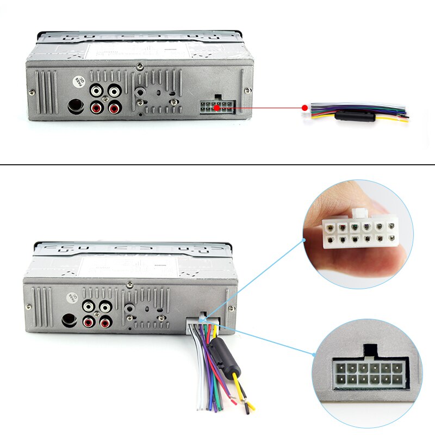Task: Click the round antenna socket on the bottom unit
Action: pos(69,320)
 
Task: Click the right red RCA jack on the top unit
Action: pos(114,108)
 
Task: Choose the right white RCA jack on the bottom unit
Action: pos(104,307)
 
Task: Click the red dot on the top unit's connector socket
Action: pos(216,107)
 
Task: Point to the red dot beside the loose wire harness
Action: pos(304,107)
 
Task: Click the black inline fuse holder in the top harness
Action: pos(354,116)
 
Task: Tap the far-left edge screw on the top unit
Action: pos(32,91)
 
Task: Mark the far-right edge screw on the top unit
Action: pos(248,90)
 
